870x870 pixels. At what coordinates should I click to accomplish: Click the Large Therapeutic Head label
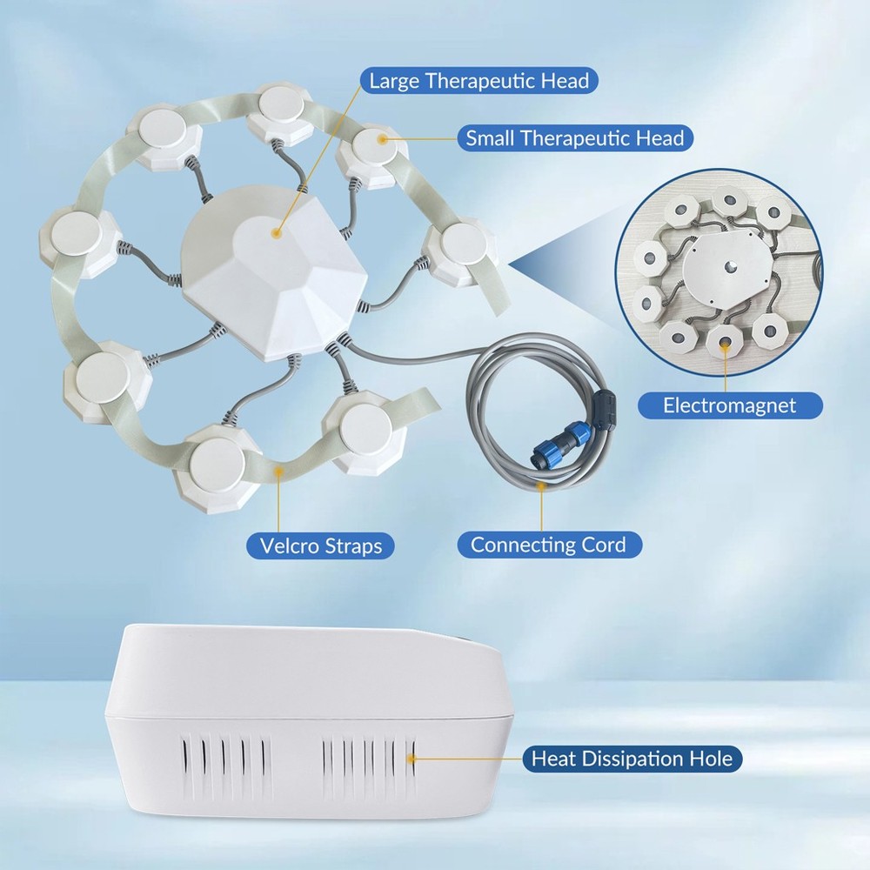(478, 81)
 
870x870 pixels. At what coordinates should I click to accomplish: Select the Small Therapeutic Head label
(574, 137)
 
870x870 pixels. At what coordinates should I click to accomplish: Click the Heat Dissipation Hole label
(632, 759)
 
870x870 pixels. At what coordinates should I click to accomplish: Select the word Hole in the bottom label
(707, 759)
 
